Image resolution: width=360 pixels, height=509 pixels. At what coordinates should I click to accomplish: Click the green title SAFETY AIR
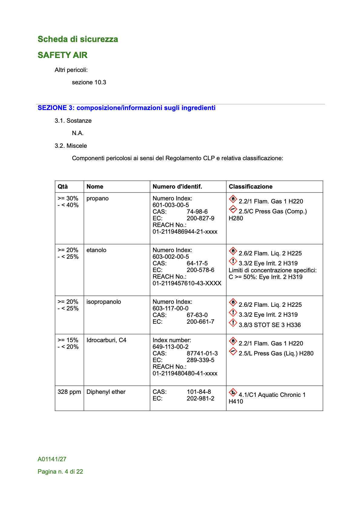click(62, 55)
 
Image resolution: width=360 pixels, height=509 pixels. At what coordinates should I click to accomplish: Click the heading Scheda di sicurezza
click(78, 39)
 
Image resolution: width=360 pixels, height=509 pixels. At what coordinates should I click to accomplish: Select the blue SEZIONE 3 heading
click(126, 108)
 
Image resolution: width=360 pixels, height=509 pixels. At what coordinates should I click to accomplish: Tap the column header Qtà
click(63, 186)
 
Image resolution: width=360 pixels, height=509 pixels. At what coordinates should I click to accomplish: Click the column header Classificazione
click(250, 186)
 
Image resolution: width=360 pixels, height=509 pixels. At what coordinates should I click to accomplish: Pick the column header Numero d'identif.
click(177, 186)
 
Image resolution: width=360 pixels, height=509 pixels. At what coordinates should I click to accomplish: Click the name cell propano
click(97, 198)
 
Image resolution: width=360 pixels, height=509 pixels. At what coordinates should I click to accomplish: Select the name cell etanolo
click(96, 250)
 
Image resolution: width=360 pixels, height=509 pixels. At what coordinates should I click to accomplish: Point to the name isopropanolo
click(103, 302)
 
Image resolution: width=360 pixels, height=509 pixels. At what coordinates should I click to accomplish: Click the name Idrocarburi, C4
click(106, 340)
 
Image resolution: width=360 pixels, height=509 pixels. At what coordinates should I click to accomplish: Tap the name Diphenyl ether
click(106, 392)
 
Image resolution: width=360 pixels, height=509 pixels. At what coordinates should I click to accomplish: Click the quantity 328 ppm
click(69, 392)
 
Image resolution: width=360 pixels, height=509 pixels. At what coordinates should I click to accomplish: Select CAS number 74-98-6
click(197, 212)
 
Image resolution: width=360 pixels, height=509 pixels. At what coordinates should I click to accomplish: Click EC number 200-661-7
click(200, 322)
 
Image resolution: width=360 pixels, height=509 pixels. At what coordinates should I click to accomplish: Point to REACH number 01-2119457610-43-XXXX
click(187, 283)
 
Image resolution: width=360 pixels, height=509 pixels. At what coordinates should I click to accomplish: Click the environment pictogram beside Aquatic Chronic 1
click(233, 393)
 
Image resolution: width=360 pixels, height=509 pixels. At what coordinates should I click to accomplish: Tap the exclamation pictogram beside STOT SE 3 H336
click(233, 323)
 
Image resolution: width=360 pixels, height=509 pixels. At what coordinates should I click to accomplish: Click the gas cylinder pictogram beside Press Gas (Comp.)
click(233, 209)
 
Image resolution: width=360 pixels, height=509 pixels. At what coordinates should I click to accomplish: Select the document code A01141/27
click(52, 459)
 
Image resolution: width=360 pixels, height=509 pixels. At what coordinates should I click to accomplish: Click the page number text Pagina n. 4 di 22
click(60, 472)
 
